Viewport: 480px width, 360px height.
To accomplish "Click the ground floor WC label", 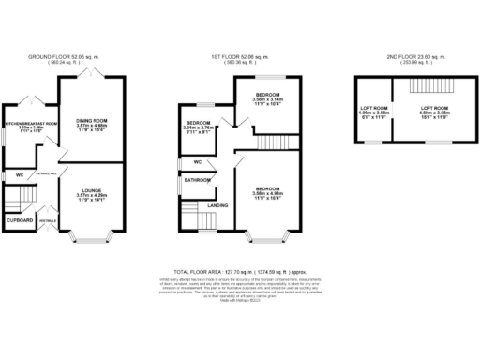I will [x=18, y=174].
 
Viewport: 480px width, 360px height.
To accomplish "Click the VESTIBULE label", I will [x=46, y=221].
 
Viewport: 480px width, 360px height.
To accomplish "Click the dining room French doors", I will [x=90, y=71].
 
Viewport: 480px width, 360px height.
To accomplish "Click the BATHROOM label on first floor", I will [x=197, y=179].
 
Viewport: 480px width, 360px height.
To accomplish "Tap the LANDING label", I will [x=218, y=204].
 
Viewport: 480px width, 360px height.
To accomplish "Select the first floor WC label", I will [x=196, y=162].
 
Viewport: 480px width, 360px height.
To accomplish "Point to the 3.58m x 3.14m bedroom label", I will [x=265, y=98].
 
